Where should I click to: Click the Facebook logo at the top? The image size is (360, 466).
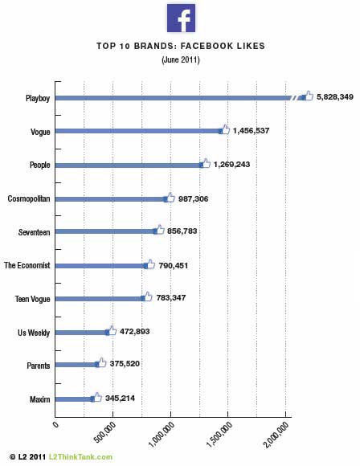181,18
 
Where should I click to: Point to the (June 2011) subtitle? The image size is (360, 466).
181,59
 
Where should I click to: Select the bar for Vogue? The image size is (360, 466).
138,131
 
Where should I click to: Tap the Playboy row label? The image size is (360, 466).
38,98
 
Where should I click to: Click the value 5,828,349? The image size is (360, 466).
335,97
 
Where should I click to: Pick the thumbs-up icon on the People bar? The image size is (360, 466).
205,163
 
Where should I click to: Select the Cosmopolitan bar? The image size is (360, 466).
111,198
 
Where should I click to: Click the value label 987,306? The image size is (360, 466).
193,198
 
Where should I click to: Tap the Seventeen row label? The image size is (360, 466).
35,232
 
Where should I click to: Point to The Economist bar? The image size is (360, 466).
100,266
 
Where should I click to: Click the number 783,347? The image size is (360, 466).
171,297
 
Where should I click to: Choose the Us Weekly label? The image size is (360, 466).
34,333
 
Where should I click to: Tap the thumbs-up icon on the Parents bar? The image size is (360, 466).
100,363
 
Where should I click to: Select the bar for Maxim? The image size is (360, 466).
74,399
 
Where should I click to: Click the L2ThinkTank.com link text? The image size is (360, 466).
80,457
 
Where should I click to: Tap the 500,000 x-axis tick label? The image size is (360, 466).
105,432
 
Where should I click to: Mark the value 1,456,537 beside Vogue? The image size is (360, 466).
251,130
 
